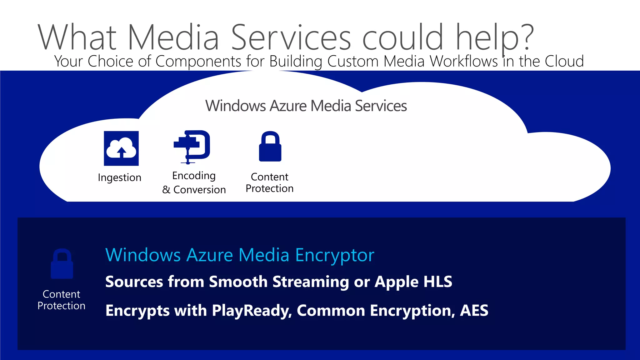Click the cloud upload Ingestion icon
(x=121, y=148)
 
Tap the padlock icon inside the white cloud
(x=270, y=146)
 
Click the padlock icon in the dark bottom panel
(x=62, y=264)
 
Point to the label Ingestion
(x=119, y=177)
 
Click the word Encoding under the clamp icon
(x=194, y=176)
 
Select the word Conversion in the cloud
(x=199, y=190)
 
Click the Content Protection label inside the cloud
(x=269, y=182)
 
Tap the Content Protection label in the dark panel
(x=61, y=300)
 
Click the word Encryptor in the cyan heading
(x=334, y=255)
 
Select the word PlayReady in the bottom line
(x=252, y=311)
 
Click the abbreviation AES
(x=474, y=311)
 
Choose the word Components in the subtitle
(x=198, y=61)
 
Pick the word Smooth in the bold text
(x=238, y=282)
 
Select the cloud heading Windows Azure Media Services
(x=306, y=106)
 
